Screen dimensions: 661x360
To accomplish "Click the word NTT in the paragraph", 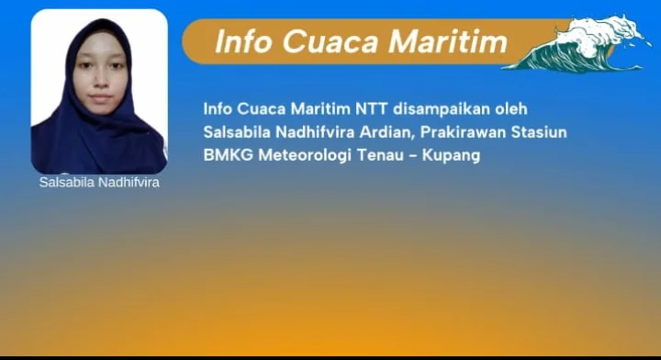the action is [372, 108].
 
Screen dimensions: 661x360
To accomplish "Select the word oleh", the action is [511, 108].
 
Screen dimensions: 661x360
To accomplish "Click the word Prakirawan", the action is [463, 132].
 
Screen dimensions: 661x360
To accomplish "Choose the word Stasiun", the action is [539, 132].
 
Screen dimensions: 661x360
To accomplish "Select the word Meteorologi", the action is [305, 155].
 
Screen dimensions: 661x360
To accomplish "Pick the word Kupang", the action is [451, 155].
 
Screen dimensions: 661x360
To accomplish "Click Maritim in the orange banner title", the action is [447, 41].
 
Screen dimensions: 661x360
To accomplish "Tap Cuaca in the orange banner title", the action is [330, 41].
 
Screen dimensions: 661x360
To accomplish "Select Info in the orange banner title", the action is [242, 41].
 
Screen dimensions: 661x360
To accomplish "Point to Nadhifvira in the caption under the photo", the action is [129, 182].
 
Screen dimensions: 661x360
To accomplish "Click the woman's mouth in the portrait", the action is [100, 97].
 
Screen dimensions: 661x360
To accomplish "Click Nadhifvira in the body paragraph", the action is [315, 132].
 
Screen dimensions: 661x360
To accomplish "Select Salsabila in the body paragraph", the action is [237, 132].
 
